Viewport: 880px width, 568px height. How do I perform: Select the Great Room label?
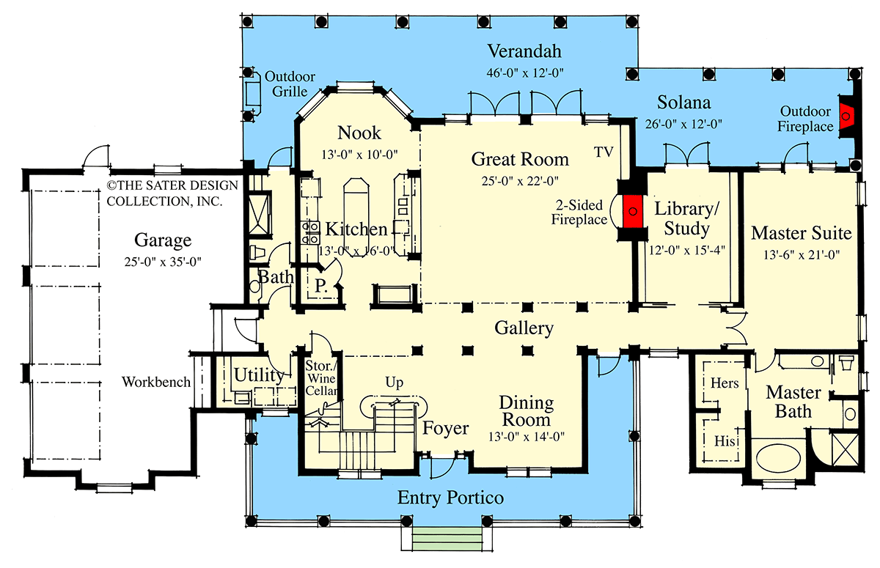pos(520,159)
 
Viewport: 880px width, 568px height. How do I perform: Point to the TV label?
pos(604,152)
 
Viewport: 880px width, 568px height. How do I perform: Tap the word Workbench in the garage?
pos(156,382)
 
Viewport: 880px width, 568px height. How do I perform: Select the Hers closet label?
pos(724,383)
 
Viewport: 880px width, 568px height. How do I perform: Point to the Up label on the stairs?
pos(395,383)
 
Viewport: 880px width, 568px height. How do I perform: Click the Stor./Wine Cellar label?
pos(322,380)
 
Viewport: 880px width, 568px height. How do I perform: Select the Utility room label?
pos(259,375)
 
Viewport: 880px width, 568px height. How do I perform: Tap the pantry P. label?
pos(321,285)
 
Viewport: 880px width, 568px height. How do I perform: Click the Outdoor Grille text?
pos(290,83)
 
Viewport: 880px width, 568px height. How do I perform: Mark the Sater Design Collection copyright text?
pos(166,193)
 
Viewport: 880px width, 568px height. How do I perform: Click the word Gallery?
pos(524,328)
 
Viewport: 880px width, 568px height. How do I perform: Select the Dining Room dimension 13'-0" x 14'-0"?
pos(527,436)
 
